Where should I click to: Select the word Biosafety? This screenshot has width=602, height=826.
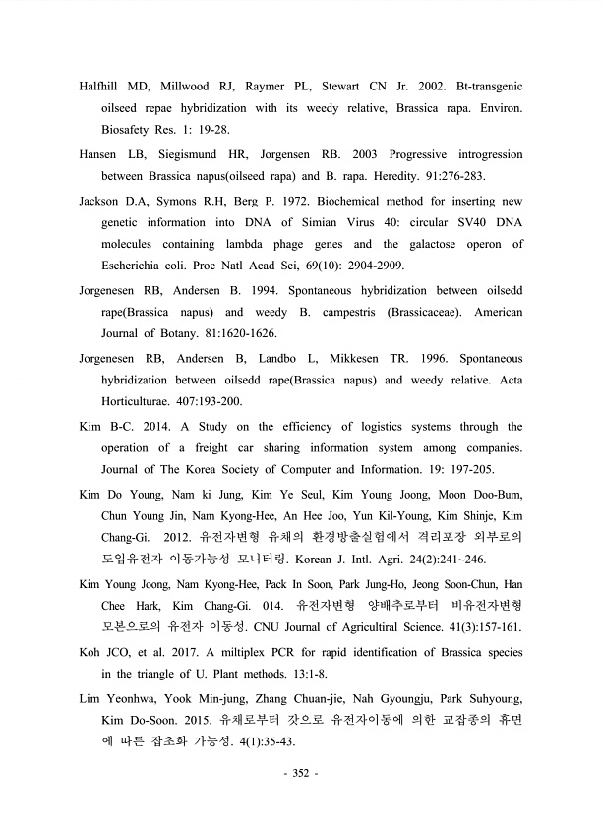click(x=132, y=129)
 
